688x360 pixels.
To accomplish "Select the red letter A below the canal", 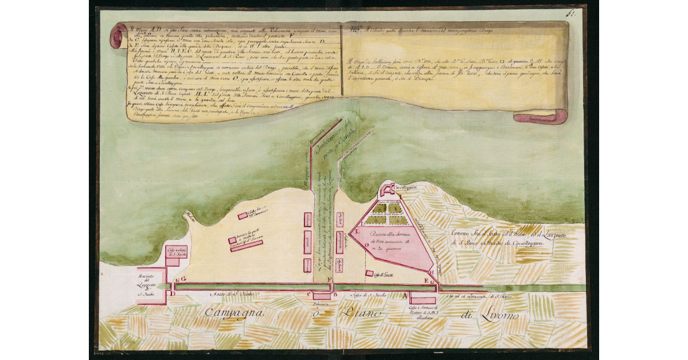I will pos(406,296).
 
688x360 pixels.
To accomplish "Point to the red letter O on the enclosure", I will pos(366,244).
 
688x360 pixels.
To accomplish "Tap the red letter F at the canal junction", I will pos(329,280).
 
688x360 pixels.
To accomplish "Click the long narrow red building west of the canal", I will pos(246,245).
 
